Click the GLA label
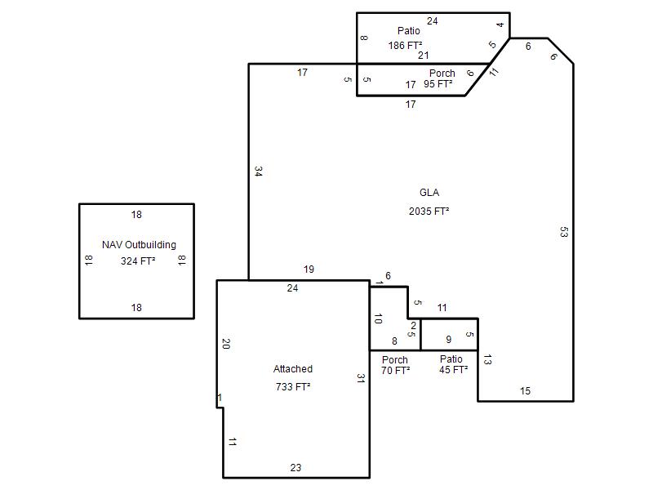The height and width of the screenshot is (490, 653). [429, 193]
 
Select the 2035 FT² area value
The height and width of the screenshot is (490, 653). [429, 212]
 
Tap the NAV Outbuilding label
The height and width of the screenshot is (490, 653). [139, 244]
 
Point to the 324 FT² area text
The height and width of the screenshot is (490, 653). [138, 261]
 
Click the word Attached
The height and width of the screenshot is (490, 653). [293, 369]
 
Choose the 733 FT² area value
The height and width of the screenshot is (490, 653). [293, 386]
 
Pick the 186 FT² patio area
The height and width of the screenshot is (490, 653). [405, 46]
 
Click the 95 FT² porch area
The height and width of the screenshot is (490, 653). [438, 84]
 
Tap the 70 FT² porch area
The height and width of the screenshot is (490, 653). [395, 370]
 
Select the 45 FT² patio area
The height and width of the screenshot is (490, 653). [454, 370]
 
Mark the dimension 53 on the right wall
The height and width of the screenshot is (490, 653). [564, 232]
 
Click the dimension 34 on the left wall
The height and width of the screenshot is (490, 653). [258, 171]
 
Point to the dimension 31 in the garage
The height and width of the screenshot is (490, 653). [361, 378]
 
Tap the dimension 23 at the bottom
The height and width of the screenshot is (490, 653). [295, 467]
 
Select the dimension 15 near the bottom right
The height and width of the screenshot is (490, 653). [525, 391]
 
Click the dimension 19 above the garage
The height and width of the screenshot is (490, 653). [309, 269]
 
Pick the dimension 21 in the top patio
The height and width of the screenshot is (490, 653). [424, 55]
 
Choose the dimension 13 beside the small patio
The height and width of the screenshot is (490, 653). [487, 359]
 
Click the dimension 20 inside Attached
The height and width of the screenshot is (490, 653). [226, 344]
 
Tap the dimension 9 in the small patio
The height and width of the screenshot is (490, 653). [448, 340]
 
